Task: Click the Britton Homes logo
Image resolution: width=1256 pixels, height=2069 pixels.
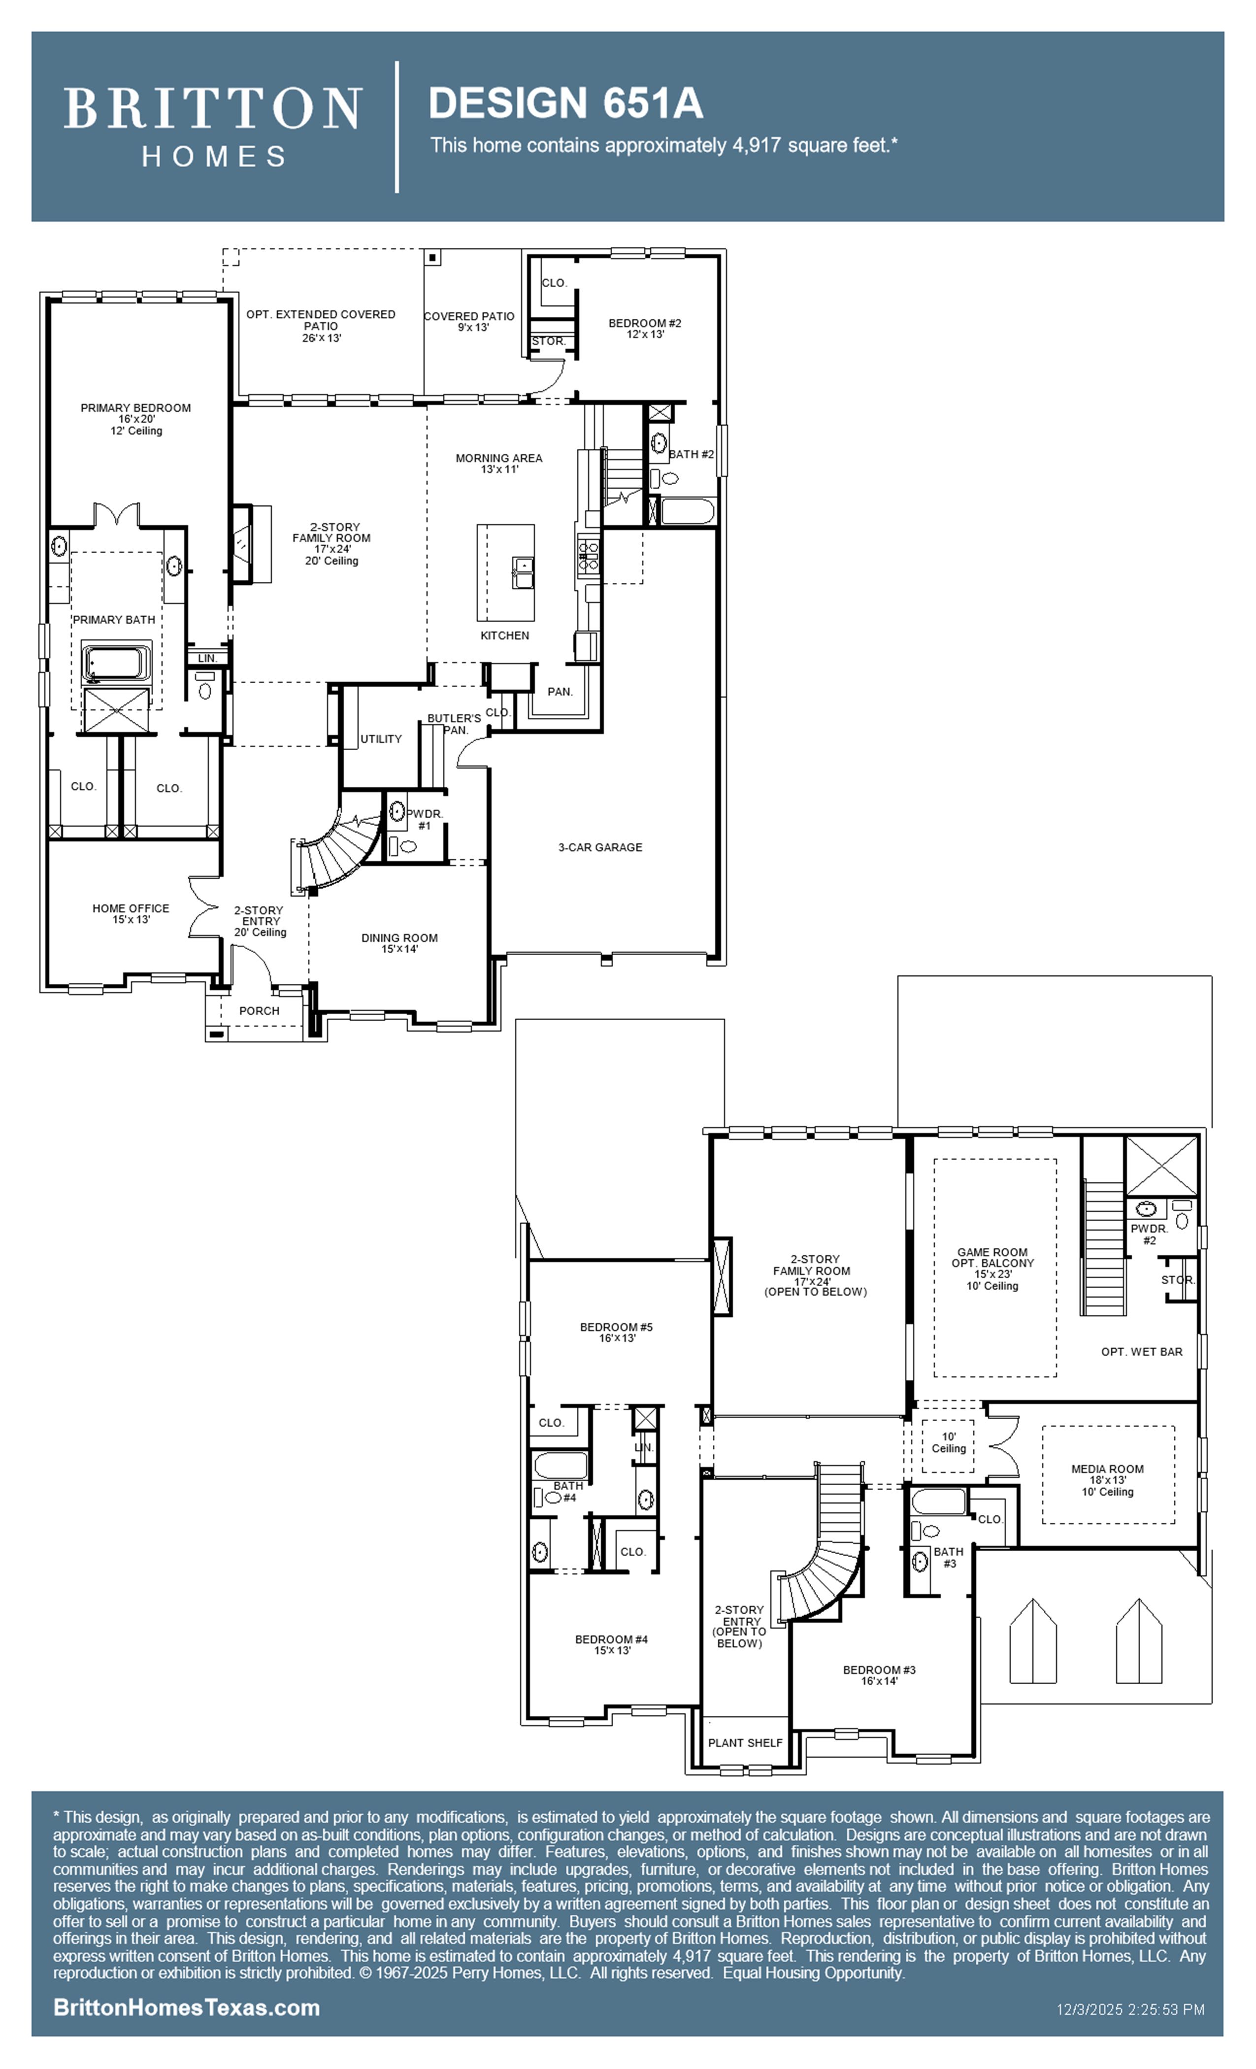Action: coord(213,126)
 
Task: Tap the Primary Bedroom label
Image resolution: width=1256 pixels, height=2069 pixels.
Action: coord(136,419)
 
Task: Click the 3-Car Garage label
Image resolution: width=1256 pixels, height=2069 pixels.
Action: coord(600,847)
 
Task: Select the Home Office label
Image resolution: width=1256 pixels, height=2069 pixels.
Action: coord(131,914)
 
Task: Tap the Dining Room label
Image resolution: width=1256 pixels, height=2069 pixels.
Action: coord(399,943)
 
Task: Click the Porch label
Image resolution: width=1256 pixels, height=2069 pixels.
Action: coord(260,1011)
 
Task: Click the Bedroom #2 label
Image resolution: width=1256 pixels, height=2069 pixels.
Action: coord(645,328)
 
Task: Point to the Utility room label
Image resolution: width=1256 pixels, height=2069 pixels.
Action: coord(381,739)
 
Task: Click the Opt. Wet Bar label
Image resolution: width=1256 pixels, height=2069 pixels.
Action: coord(1142,1352)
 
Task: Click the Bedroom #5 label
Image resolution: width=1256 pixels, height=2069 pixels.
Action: coord(616,1333)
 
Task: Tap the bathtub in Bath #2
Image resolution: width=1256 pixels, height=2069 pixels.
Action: coord(688,510)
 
